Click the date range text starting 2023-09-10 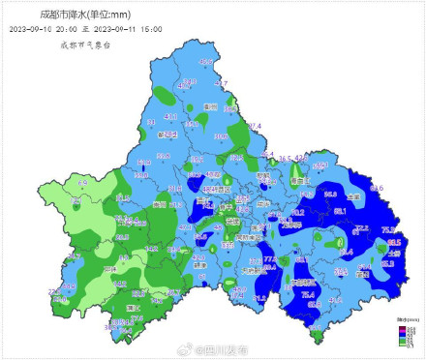pos(85,30)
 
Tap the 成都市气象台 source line pos(86,45)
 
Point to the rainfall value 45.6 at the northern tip pos(205,62)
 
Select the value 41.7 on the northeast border pos(222,84)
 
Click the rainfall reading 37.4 pos(255,126)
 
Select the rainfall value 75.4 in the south pos(308,293)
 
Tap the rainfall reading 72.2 pos(361,227)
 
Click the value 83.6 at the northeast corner pos(377,187)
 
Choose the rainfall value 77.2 pos(270,259)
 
